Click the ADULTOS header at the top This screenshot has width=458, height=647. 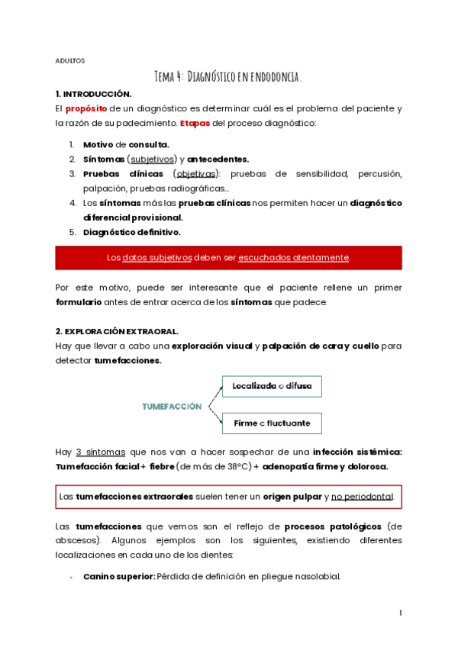69,60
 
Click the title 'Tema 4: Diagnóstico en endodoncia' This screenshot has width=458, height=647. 228,76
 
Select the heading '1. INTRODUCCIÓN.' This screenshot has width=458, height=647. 94,94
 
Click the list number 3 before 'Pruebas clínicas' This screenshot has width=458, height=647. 72,174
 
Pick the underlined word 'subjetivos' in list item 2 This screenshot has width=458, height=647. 150,159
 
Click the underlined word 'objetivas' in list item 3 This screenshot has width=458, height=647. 196,174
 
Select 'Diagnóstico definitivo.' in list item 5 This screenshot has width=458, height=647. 131,232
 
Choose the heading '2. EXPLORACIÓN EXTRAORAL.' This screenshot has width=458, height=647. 117,331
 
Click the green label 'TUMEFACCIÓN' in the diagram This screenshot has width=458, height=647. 172,407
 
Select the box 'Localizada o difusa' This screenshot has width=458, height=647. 272,387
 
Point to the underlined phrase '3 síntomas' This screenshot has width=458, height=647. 101,452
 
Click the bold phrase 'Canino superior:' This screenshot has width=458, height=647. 118,576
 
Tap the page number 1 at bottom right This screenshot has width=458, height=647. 400,613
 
